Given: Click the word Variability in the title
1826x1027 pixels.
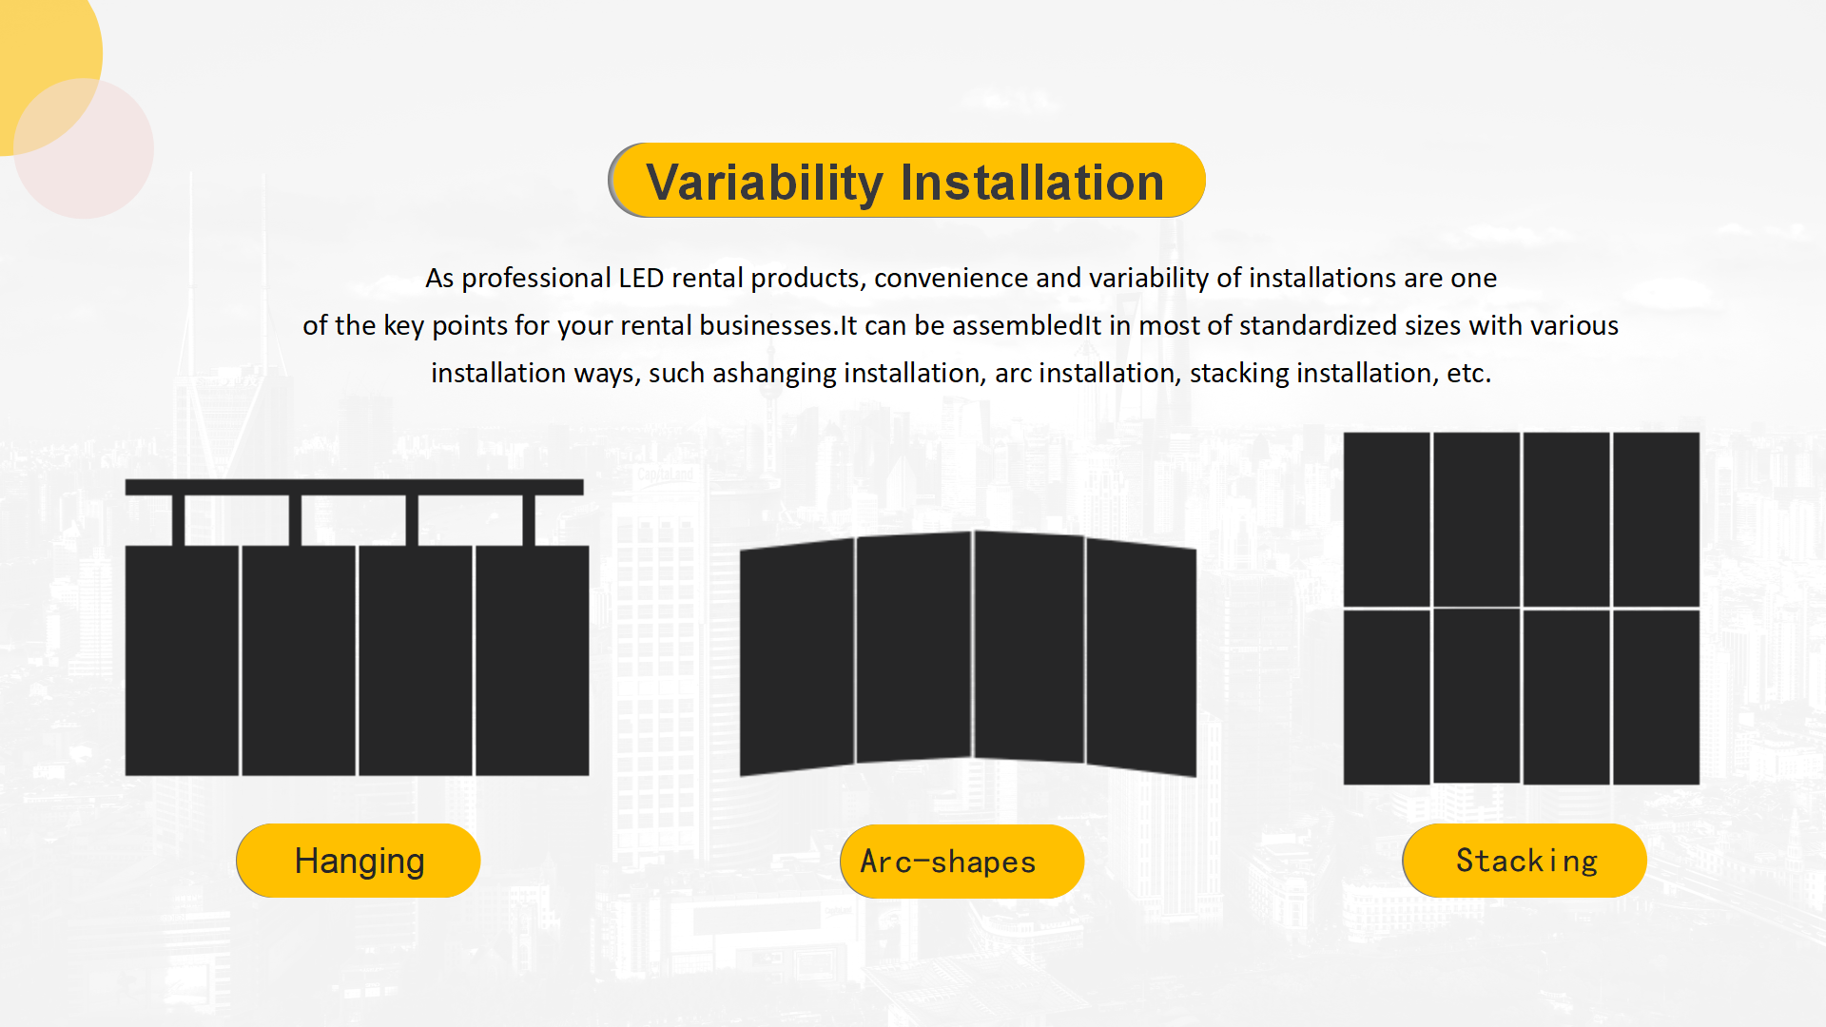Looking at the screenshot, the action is [x=765, y=183].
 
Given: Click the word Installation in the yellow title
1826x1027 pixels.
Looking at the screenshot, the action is [x=1032, y=182].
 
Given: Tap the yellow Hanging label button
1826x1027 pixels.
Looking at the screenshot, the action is [x=359, y=861].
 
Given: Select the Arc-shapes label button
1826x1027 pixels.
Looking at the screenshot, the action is [x=962, y=862].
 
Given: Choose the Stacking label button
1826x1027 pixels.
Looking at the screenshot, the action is [x=1525, y=861].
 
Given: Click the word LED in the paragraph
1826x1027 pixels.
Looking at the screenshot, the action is [x=641, y=278].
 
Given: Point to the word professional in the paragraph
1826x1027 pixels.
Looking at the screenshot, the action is [x=535, y=279].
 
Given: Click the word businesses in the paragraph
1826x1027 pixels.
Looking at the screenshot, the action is [x=767, y=325].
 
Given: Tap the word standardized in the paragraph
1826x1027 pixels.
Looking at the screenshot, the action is [x=1317, y=325].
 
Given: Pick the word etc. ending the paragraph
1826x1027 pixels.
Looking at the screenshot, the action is [x=1468, y=373].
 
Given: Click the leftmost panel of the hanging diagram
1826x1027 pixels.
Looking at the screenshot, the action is [x=182, y=660].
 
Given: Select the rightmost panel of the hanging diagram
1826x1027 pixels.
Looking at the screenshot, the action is [x=532, y=660].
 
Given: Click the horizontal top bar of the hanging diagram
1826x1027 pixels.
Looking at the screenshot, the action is [x=354, y=487].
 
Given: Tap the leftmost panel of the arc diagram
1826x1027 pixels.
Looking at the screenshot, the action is [x=797, y=657].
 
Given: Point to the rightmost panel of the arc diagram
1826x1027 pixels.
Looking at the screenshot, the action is [x=1141, y=657].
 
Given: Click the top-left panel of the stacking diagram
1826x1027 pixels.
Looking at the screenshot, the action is [x=1387, y=519].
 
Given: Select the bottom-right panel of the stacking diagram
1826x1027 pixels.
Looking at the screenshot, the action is [x=1657, y=697].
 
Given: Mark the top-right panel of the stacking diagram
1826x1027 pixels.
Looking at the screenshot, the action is [x=1657, y=519].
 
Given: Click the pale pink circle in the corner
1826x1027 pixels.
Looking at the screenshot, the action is [x=84, y=148].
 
